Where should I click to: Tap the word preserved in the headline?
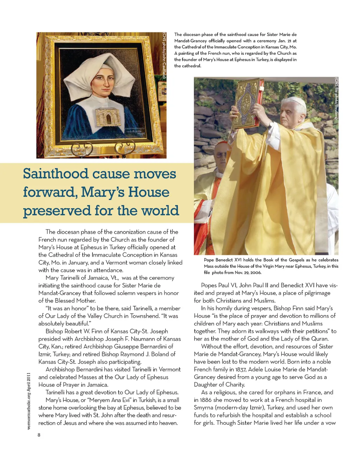[57, 211]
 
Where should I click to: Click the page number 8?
[39, 435]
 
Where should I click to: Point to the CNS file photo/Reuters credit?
[336, 98]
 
